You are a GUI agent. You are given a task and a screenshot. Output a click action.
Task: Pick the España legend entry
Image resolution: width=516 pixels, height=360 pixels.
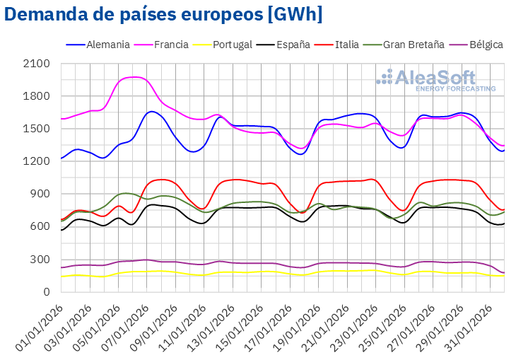288,45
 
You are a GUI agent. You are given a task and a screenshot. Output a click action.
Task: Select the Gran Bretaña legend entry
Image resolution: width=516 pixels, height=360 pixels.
414,45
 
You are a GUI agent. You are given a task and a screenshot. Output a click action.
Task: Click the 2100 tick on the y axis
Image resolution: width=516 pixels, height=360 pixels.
37,64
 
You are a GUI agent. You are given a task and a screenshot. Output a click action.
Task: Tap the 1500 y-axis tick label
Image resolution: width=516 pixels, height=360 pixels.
37,129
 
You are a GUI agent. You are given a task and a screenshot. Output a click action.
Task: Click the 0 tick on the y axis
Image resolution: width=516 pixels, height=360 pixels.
47,291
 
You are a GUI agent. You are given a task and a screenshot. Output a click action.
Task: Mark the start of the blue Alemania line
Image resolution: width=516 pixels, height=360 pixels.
61,158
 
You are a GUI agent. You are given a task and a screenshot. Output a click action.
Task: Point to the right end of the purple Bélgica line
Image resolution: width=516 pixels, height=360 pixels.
504,273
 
